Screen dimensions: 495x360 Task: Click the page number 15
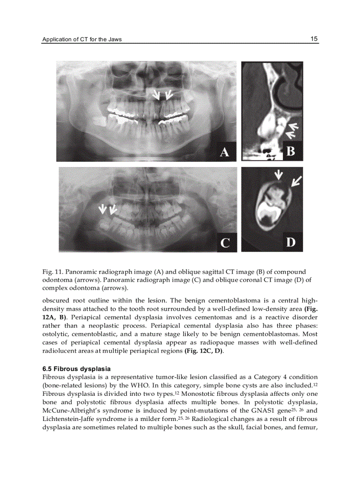click(314, 39)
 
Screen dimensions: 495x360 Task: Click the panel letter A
click(225, 152)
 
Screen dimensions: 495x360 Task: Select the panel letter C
click(225, 243)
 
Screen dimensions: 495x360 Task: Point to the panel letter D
click(291, 242)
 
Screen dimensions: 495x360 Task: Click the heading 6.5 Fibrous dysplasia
click(76, 368)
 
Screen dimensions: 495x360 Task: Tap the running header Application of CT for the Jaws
click(82, 39)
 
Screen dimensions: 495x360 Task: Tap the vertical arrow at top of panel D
click(278, 175)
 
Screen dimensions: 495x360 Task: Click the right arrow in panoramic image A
click(168, 94)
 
